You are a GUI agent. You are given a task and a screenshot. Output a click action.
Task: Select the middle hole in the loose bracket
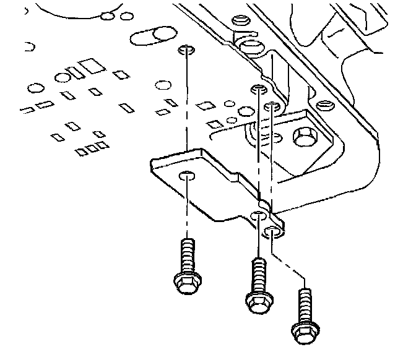(x=257, y=215)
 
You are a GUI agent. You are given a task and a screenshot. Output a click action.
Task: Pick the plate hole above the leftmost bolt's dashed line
(x=185, y=49)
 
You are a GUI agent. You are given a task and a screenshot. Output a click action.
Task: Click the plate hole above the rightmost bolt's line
(x=271, y=108)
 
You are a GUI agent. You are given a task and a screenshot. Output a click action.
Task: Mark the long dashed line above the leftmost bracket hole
(x=185, y=111)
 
